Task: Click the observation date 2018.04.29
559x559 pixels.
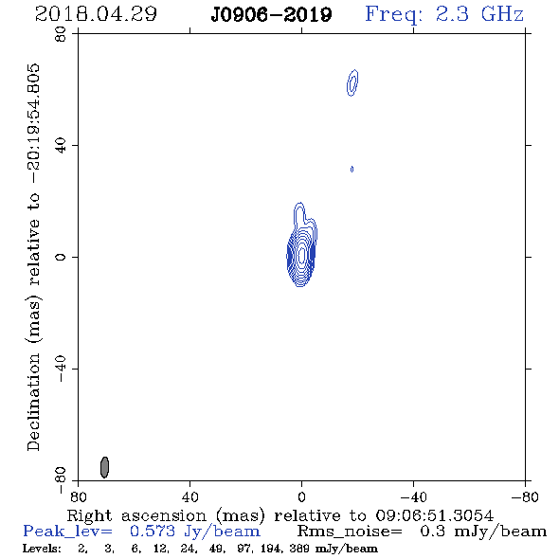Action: (96, 14)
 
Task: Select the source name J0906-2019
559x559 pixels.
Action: (271, 15)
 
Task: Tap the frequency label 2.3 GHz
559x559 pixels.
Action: (479, 14)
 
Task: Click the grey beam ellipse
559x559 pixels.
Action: (104, 467)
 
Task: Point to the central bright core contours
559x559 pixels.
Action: (301, 255)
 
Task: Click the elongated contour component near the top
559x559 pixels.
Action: (352, 82)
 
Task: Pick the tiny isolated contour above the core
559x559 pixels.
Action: (352, 170)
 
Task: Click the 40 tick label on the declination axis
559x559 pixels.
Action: (61, 146)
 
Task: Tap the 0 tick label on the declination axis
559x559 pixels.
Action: (61, 257)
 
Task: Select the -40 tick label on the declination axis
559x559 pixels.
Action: (61, 369)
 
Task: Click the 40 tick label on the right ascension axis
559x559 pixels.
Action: (190, 497)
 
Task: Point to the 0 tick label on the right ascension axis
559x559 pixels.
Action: (301, 497)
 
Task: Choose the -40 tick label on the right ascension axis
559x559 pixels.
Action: (413, 497)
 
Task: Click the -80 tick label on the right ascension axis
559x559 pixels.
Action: (525, 497)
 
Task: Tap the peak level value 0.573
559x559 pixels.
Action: (153, 532)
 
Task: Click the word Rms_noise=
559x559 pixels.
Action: (350, 532)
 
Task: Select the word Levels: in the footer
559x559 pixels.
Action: (42, 549)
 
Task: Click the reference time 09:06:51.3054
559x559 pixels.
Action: (435, 515)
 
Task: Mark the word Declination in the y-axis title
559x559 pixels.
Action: (33, 402)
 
